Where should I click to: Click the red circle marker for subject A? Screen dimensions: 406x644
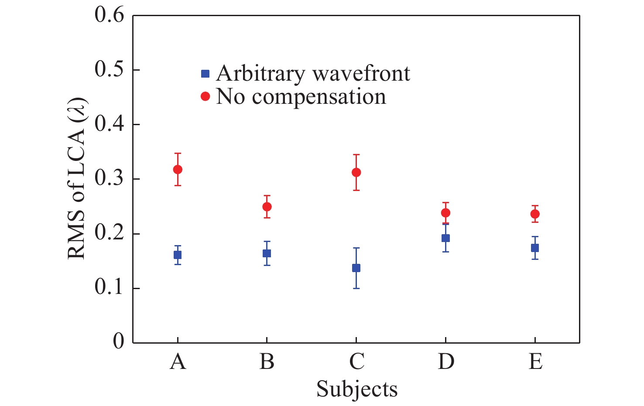(178, 169)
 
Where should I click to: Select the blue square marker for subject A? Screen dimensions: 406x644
(178, 255)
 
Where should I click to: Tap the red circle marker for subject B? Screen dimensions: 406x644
(267, 207)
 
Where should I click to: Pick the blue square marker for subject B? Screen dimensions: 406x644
(267, 253)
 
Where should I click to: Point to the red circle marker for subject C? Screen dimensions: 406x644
(356, 172)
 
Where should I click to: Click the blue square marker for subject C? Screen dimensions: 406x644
(356, 268)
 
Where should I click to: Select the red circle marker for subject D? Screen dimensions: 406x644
(445, 213)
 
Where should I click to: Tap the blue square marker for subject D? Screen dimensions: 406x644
(445, 238)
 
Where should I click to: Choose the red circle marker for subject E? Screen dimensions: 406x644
(535, 214)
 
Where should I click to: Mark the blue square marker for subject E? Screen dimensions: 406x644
(535, 248)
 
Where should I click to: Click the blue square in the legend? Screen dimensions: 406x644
(205, 74)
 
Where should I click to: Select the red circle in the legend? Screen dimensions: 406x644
(205, 96)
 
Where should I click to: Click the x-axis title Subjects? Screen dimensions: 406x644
(357, 389)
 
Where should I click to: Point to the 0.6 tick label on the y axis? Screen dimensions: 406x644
(109, 16)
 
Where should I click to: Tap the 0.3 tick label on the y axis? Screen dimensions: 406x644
(109, 179)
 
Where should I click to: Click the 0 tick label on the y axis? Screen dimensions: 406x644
(118, 341)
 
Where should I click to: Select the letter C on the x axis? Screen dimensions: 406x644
(357, 362)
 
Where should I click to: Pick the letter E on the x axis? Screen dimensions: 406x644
(535, 362)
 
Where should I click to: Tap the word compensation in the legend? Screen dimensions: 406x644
(319, 97)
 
